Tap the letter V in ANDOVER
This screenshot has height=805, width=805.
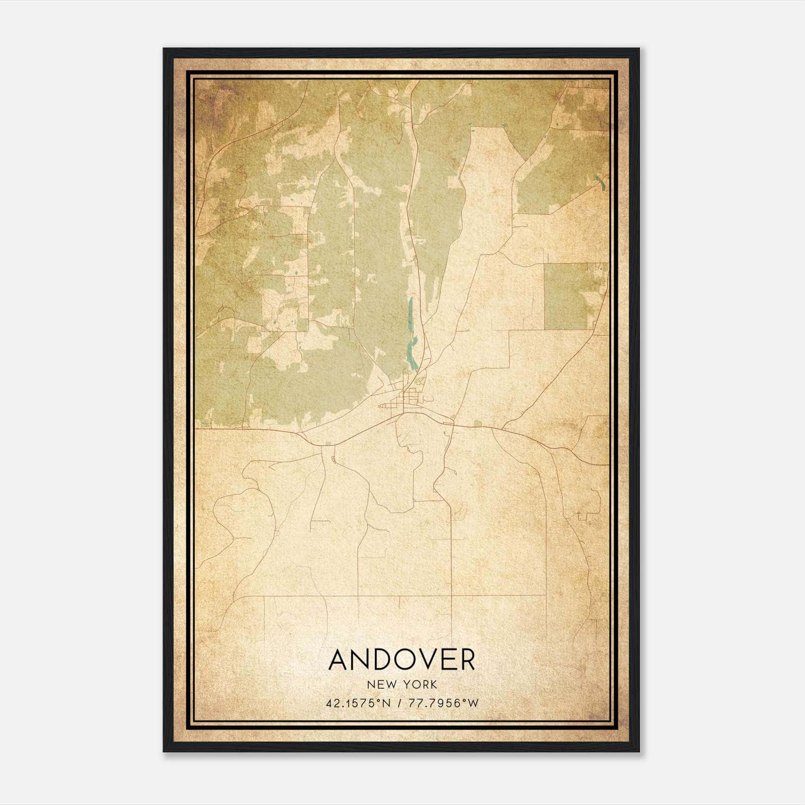[x=419, y=660]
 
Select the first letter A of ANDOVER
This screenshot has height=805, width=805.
[x=340, y=660]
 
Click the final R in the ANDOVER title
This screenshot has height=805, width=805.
[x=466, y=660]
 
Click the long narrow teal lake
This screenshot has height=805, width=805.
[x=410, y=332]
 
